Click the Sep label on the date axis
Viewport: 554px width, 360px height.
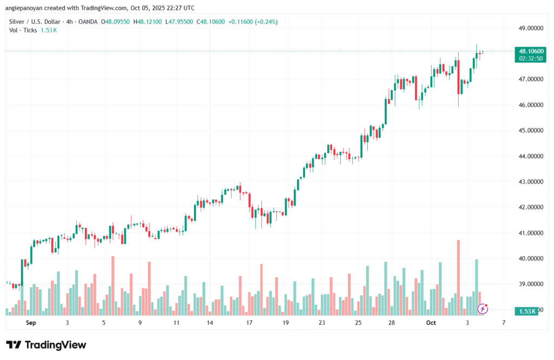(31, 323)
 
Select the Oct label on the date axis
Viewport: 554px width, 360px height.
(431, 323)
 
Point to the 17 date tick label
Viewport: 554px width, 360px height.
(249, 323)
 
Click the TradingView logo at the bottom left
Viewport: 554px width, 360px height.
(46, 345)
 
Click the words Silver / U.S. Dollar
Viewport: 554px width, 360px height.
(34, 22)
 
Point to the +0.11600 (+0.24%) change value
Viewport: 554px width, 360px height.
(244, 22)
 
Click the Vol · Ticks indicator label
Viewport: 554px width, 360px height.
(22, 30)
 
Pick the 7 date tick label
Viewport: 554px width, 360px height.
(504, 323)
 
